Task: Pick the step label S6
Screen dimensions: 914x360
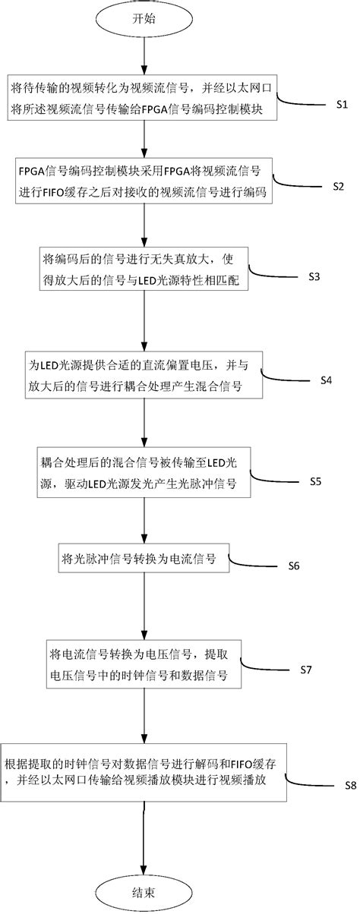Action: [295, 566]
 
